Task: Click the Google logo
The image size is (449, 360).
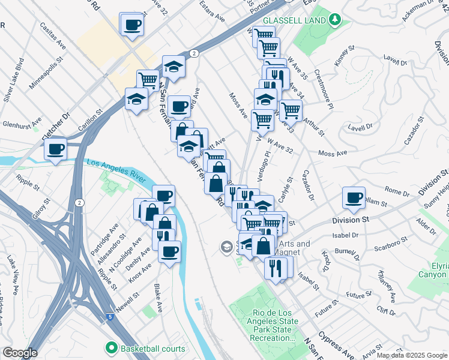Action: coord(20,353)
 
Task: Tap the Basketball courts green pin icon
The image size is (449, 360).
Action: coord(111,347)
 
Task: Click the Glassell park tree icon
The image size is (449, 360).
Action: coord(334,20)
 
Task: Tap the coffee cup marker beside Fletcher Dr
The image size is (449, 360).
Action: coord(56,148)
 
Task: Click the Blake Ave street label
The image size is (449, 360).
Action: coord(158,298)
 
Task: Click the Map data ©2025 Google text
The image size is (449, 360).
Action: coord(412,355)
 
